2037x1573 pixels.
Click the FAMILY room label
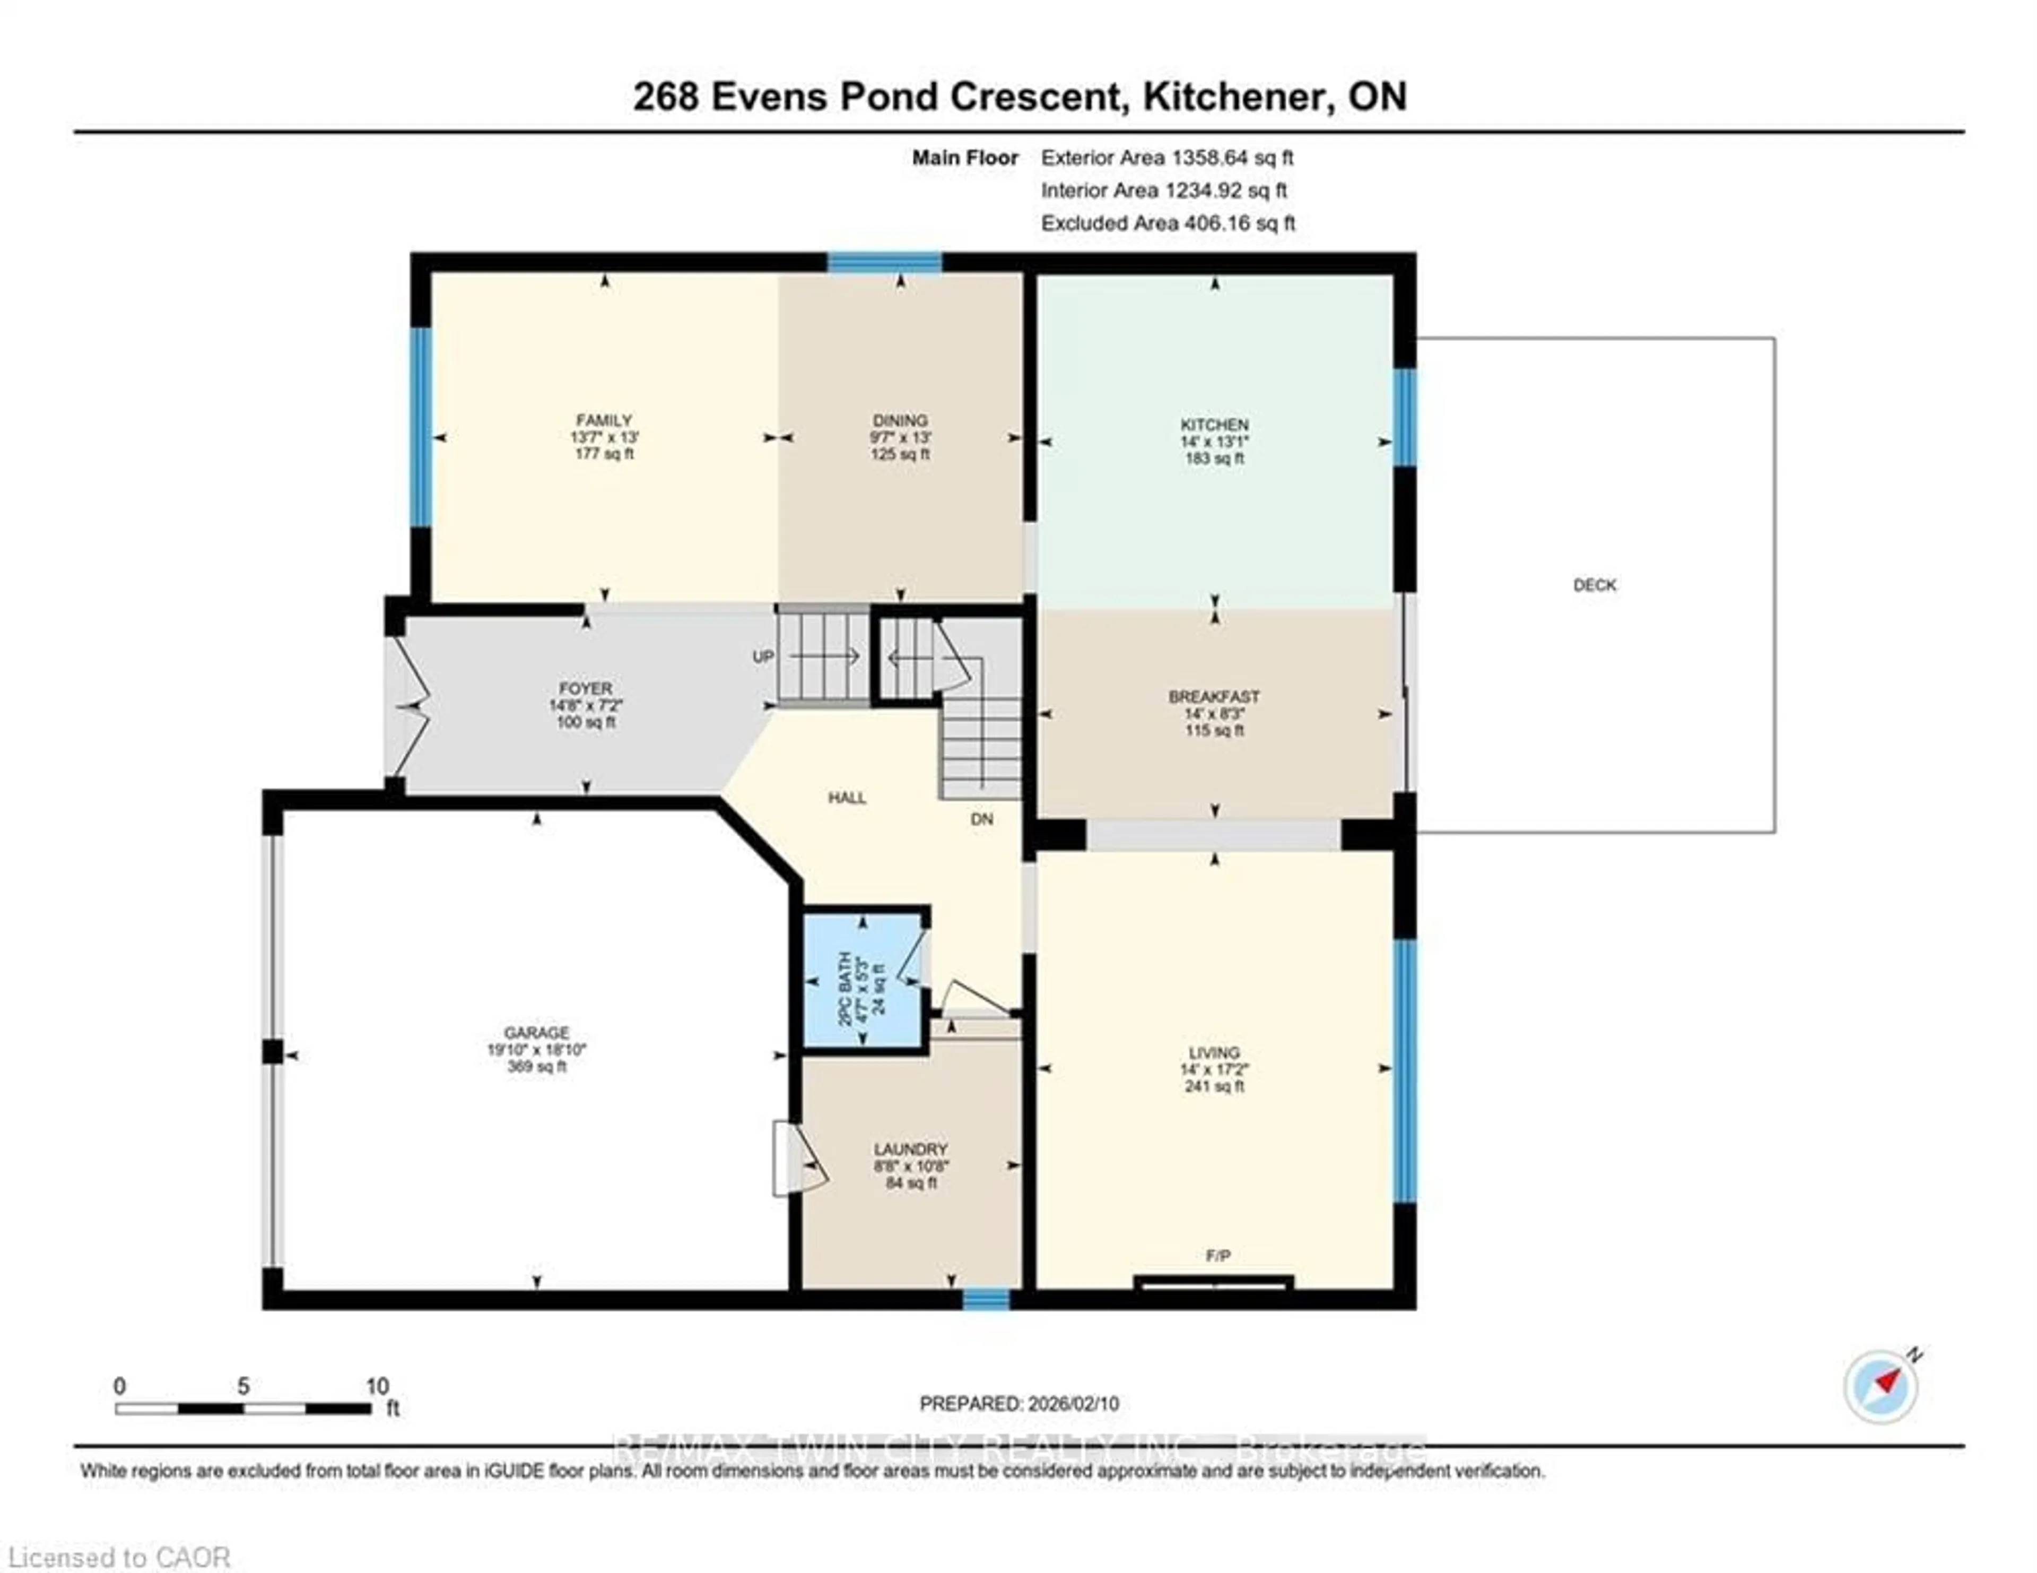click(604, 420)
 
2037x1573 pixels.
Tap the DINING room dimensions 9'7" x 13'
click(900, 437)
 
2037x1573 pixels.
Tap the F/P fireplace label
click(1217, 1256)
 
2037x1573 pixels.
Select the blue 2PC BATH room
click(863, 980)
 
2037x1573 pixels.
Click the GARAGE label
click(536, 1033)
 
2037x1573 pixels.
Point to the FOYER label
click(586, 688)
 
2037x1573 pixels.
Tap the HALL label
click(847, 798)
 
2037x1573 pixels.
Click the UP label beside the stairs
click(763, 657)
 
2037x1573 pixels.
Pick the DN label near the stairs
click(981, 819)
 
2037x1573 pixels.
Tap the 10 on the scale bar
click(377, 1386)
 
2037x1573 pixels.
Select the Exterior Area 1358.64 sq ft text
click(1167, 158)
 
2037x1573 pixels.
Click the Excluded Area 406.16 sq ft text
click(1168, 223)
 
